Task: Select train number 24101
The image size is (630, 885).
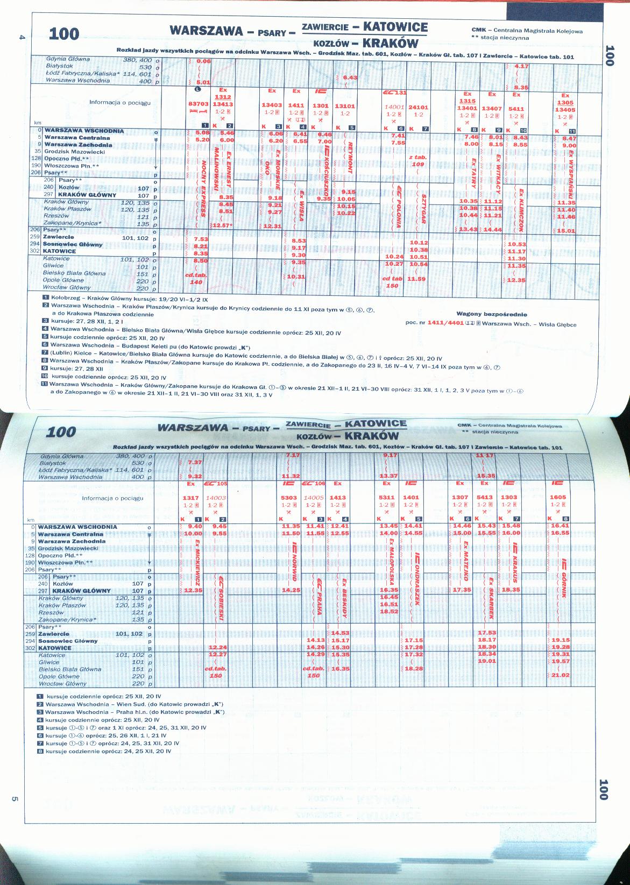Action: tap(418, 107)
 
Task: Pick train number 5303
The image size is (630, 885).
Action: tap(289, 498)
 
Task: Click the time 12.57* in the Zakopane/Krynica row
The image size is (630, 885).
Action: tap(222, 225)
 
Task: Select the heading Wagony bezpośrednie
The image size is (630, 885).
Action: tap(491, 314)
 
